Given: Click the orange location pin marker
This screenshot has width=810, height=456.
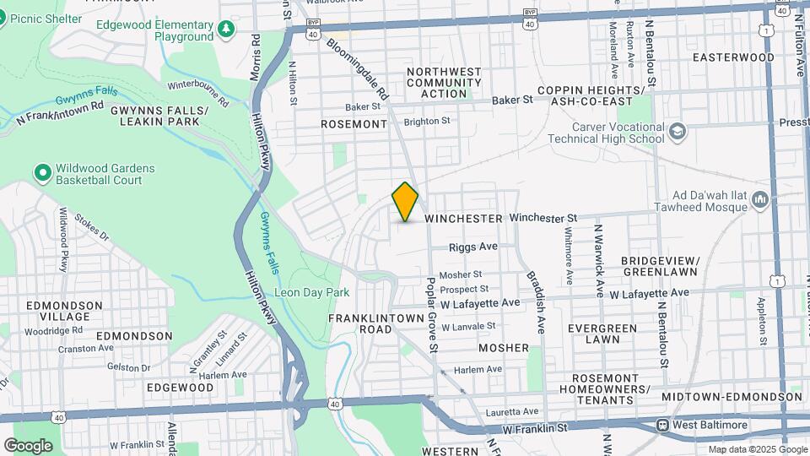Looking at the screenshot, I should (406, 202).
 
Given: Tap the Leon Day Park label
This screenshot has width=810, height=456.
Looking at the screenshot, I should (312, 292).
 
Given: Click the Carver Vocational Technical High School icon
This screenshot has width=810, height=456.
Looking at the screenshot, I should (678, 132).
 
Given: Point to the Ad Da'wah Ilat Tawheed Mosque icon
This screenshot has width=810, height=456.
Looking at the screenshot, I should (760, 200).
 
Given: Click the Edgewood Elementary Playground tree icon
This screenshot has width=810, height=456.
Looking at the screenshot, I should (226, 30).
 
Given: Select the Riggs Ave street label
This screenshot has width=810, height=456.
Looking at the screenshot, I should (474, 247).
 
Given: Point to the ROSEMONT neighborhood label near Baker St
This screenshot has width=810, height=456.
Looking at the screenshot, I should (354, 124).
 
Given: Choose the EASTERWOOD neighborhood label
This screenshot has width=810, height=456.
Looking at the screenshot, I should (732, 57).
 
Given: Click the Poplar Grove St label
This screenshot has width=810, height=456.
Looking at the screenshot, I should (431, 314).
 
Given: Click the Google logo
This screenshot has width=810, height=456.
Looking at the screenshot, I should (28, 445).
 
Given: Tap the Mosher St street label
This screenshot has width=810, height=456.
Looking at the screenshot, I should (461, 274).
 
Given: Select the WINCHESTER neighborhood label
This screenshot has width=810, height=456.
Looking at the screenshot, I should (463, 219).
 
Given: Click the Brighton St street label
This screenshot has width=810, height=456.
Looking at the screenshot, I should (427, 122).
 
